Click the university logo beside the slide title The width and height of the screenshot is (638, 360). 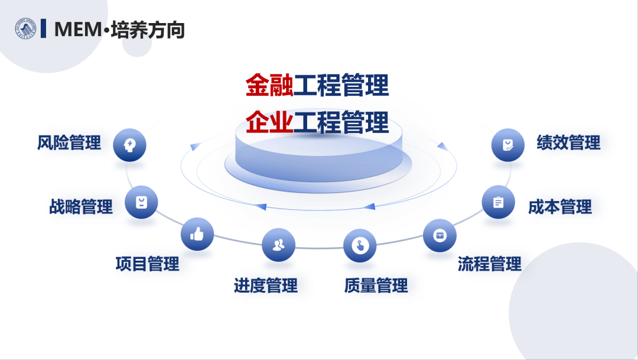click(x=25, y=28)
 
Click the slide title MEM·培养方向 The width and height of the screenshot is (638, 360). click(x=119, y=29)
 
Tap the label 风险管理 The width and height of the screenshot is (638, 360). click(x=69, y=143)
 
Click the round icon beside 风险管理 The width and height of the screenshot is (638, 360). click(x=129, y=145)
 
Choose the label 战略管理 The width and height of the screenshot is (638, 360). click(x=81, y=207)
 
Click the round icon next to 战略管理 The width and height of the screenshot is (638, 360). click(x=141, y=202)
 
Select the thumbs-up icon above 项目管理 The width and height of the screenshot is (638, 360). click(x=197, y=234)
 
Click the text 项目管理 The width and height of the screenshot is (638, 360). click(x=147, y=264)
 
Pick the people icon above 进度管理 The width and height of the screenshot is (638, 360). click(x=278, y=245)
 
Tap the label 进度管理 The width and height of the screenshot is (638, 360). click(x=266, y=286)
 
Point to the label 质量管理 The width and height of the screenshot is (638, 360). click(x=376, y=286)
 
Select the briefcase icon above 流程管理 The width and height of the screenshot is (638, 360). click(x=440, y=235)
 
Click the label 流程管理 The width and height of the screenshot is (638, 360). click(x=490, y=264)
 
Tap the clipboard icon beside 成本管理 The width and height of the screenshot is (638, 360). click(x=498, y=202)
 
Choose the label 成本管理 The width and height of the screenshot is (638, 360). click(x=560, y=207)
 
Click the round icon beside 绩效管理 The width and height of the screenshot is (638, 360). click(x=508, y=145)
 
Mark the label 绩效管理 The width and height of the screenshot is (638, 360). click(x=568, y=143)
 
